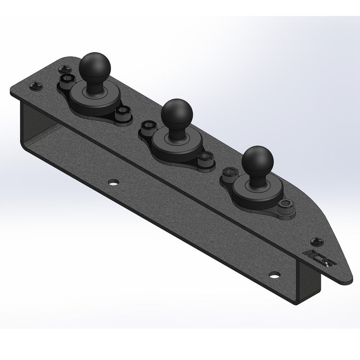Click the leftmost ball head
92,66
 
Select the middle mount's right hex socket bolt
205,160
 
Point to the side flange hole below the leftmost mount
113,183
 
